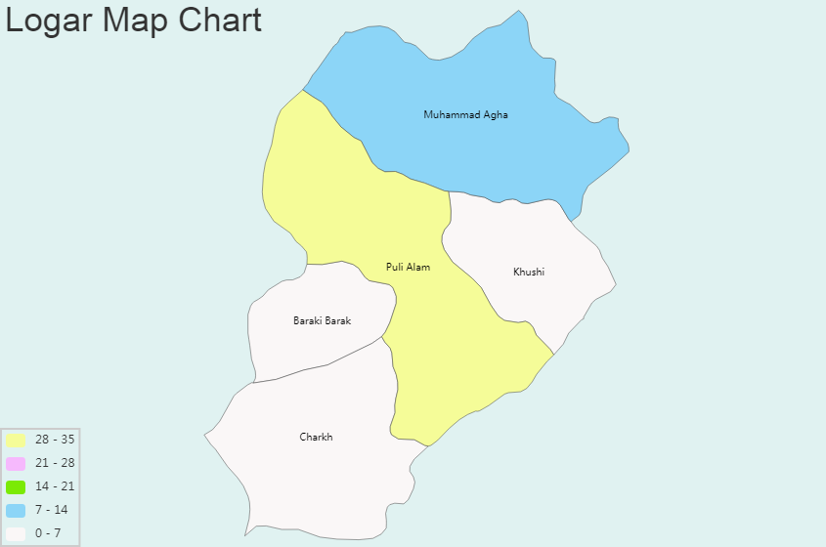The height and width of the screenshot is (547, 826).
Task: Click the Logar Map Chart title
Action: click(134, 20)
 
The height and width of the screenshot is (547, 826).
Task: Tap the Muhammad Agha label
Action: click(465, 115)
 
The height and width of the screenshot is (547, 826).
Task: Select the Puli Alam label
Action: click(408, 267)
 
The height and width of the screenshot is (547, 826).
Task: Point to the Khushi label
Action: click(529, 272)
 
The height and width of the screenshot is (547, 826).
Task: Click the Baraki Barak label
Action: click(322, 320)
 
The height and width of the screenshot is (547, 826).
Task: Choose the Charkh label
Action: click(316, 437)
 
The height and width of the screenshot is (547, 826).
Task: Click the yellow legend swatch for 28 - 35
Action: click(16, 440)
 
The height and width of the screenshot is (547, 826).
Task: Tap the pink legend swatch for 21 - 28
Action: click(16, 463)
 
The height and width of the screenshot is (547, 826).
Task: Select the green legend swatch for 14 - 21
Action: click(16, 486)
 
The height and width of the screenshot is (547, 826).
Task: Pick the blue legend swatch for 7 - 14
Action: click(16, 510)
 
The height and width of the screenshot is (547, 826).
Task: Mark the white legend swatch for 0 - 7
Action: click(16, 533)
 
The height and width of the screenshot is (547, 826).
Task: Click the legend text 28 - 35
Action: click(55, 440)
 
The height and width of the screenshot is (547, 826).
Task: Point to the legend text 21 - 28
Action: click(55, 463)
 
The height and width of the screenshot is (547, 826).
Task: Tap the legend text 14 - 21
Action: click(55, 486)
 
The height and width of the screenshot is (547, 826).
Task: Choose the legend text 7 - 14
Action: click(52, 510)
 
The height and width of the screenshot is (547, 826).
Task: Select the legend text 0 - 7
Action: click(48, 533)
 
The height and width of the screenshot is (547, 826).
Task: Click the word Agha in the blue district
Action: click(494, 115)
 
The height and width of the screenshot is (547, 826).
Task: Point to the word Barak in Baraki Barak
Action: click(337, 320)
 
